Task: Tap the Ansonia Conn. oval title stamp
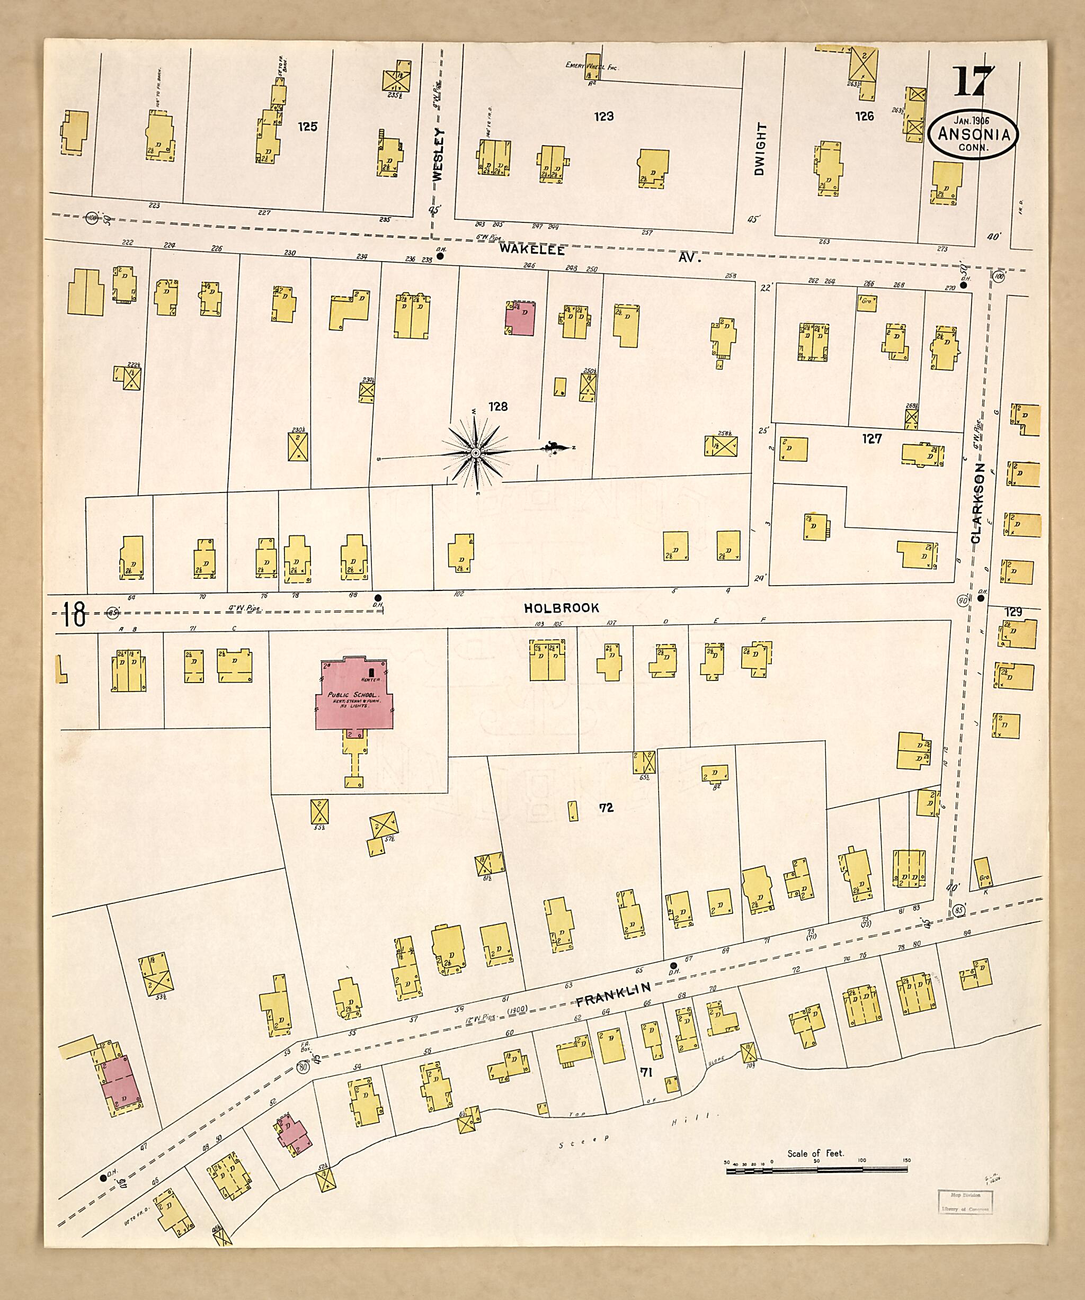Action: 973,136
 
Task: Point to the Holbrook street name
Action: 561,608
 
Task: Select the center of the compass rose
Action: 475,453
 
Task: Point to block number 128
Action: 498,407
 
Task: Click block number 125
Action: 307,126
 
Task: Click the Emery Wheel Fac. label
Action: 592,66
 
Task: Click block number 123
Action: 604,116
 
